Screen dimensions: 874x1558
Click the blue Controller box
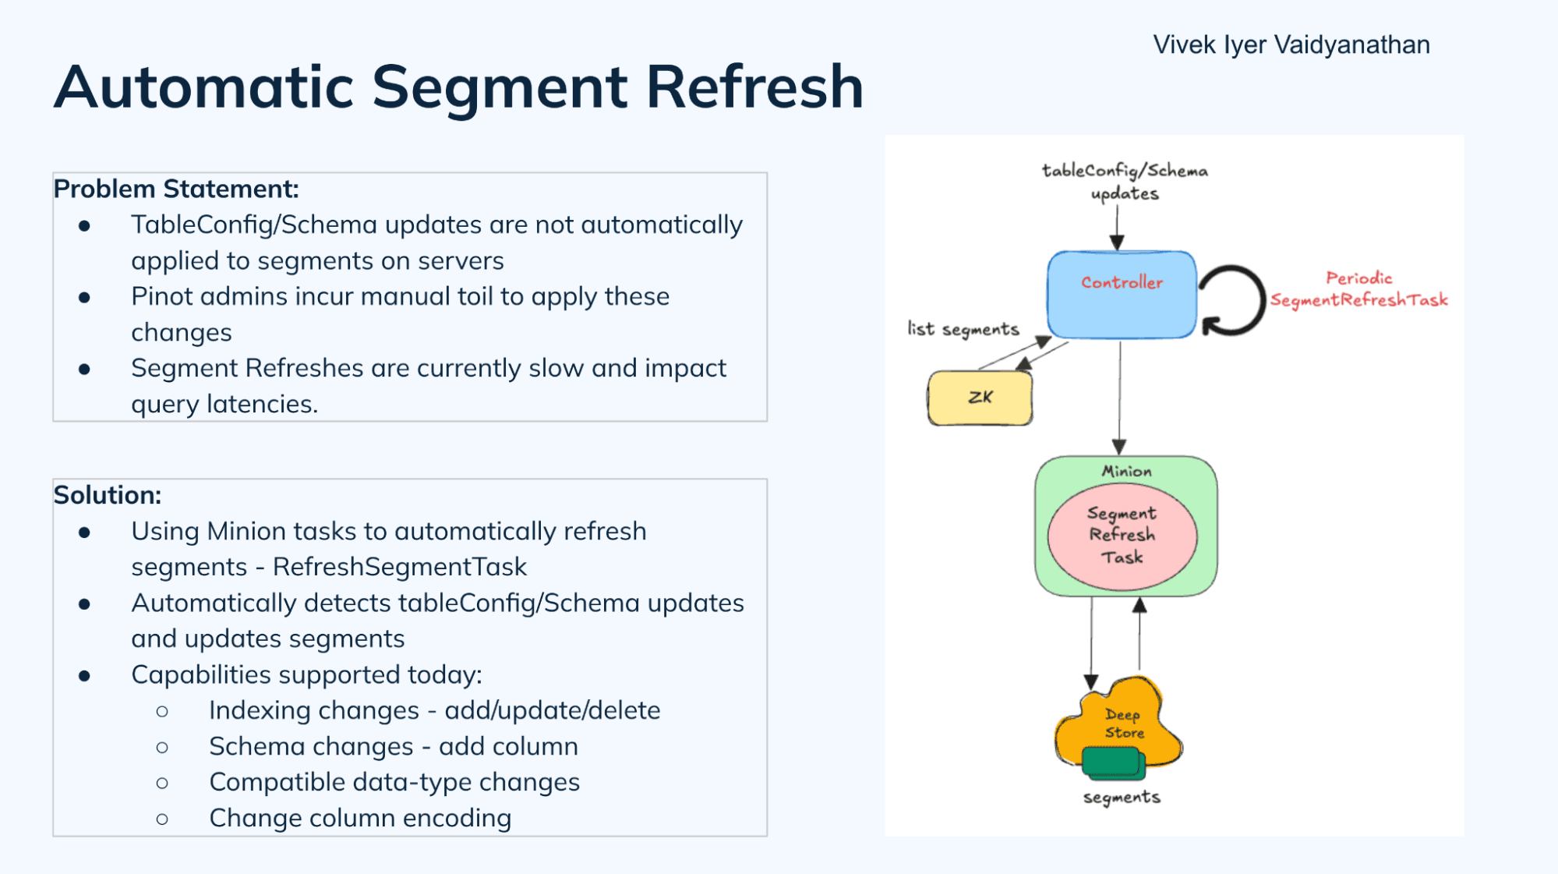[x=1121, y=295]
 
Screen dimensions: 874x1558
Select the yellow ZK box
[x=980, y=398]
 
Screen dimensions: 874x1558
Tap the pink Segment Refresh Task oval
[x=1122, y=536]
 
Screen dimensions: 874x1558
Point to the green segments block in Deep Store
[x=1113, y=763]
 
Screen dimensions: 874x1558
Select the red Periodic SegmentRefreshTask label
[x=1358, y=289]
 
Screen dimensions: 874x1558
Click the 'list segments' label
[x=963, y=329]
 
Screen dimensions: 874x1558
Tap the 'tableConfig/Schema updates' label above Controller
[x=1125, y=182]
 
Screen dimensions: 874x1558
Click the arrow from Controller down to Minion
[x=1120, y=398]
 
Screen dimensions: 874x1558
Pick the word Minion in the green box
[x=1126, y=471]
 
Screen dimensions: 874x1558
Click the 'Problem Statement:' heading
[x=176, y=189]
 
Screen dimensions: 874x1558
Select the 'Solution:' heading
[x=108, y=495]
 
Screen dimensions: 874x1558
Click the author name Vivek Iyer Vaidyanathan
[x=1291, y=45]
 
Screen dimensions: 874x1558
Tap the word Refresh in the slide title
[x=754, y=87]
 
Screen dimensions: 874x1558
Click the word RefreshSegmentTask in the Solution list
[x=399, y=567]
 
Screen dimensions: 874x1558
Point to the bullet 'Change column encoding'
[x=360, y=818]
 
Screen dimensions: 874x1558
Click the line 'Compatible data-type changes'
[x=394, y=782]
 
